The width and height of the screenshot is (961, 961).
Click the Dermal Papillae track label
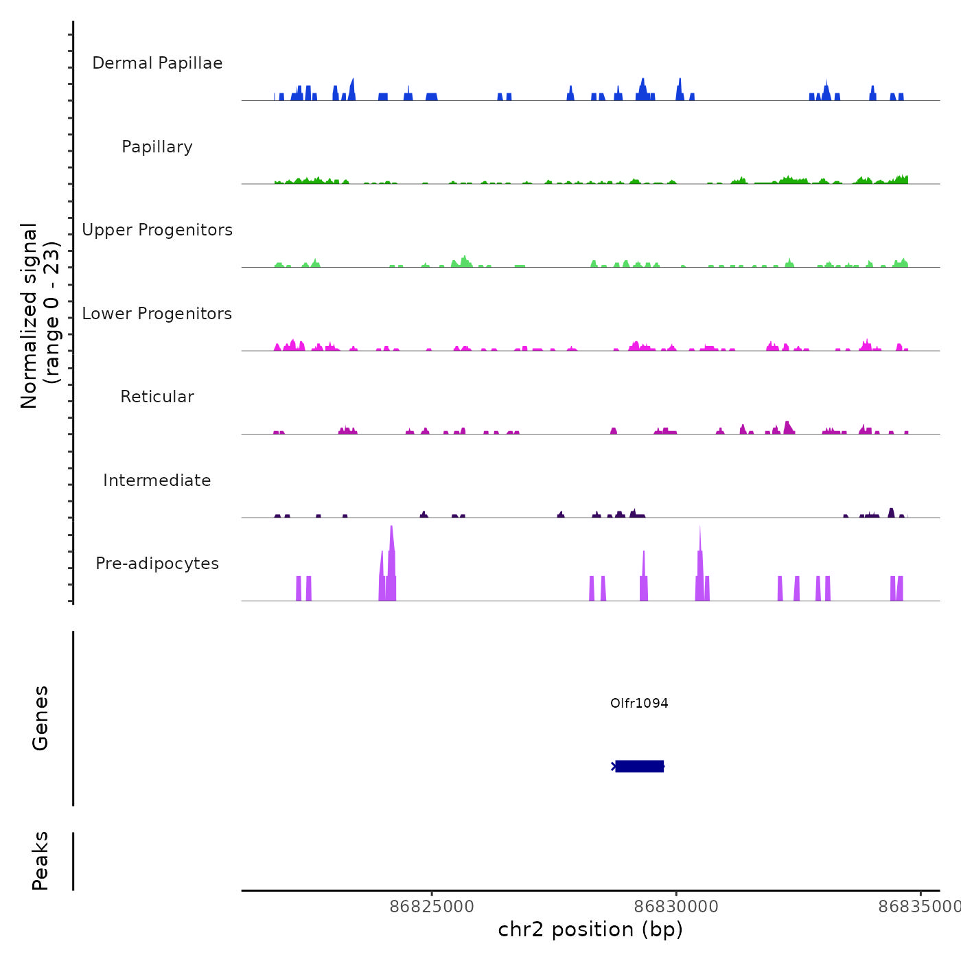(x=157, y=63)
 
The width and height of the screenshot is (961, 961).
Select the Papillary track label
(x=157, y=147)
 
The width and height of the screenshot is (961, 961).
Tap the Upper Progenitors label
(x=157, y=230)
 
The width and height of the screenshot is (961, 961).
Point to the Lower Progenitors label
(x=157, y=314)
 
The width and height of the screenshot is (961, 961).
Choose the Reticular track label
(x=157, y=397)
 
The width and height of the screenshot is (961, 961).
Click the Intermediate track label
(x=157, y=480)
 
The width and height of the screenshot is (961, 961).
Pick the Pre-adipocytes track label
(x=157, y=564)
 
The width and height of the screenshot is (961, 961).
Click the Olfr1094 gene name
(x=639, y=703)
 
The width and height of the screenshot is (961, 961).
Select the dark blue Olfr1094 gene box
(x=639, y=766)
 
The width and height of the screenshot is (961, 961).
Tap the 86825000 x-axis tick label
(x=432, y=907)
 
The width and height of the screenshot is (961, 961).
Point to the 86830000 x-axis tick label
(x=676, y=907)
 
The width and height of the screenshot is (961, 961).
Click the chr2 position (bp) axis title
(x=590, y=929)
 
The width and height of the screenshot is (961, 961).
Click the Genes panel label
(x=40, y=718)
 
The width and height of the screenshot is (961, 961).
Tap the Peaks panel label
(x=40, y=861)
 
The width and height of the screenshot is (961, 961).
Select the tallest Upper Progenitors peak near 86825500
(x=465, y=261)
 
